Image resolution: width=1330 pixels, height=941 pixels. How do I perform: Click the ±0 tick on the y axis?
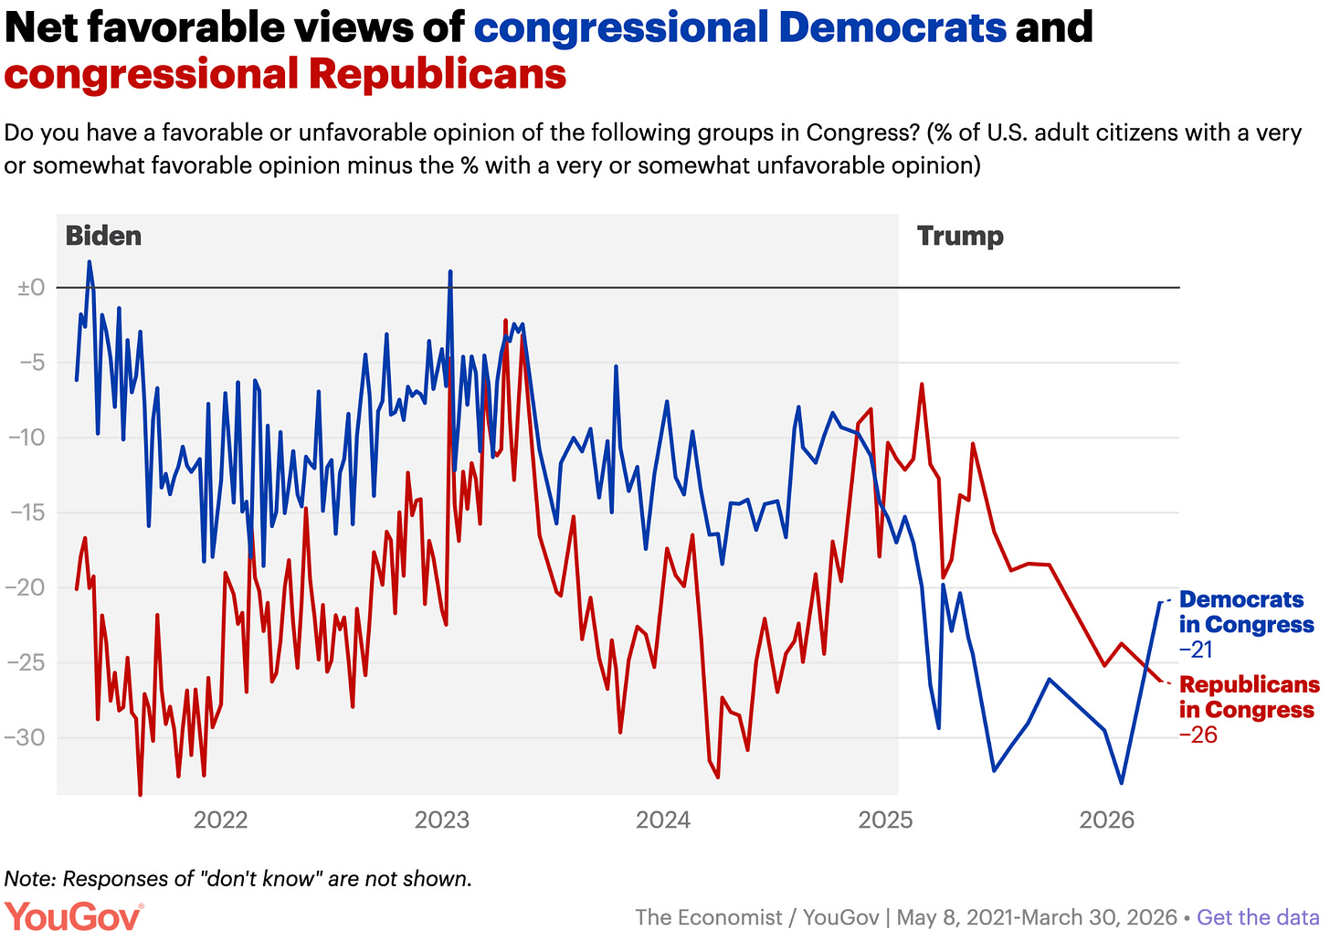pyautogui.click(x=31, y=288)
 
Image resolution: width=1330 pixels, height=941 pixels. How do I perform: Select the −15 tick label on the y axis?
pyautogui.click(x=27, y=513)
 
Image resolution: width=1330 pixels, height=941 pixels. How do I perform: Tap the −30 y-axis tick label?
pyautogui.click(x=27, y=737)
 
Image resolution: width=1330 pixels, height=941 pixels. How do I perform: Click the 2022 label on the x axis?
pyautogui.click(x=220, y=819)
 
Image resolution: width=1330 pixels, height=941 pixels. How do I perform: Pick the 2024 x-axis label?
pyautogui.click(x=663, y=819)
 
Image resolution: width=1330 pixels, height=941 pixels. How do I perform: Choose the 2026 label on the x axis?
pyautogui.click(x=1106, y=819)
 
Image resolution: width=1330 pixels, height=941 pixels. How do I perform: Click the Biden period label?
pyautogui.click(x=103, y=237)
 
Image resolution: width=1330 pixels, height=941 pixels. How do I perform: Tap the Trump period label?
pyautogui.click(x=960, y=237)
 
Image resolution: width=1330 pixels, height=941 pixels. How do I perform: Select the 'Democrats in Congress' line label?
pyautogui.click(x=1246, y=612)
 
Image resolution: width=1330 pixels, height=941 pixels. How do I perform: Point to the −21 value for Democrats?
pyautogui.click(x=1196, y=650)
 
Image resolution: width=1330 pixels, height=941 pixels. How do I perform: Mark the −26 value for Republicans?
pyautogui.click(x=1198, y=735)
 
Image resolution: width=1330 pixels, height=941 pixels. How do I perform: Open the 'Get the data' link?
pyautogui.click(x=1258, y=917)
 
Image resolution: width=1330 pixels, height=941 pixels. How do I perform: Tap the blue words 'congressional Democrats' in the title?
pyautogui.click(x=740, y=27)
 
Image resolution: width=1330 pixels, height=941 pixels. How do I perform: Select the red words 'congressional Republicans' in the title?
pyautogui.click(x=285, y=74)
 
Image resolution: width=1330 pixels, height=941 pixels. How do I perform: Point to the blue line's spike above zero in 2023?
pyautogui.click(x=450, y=272)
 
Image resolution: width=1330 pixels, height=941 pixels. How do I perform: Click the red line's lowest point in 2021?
pyautogui.click(x=140, y=793)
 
